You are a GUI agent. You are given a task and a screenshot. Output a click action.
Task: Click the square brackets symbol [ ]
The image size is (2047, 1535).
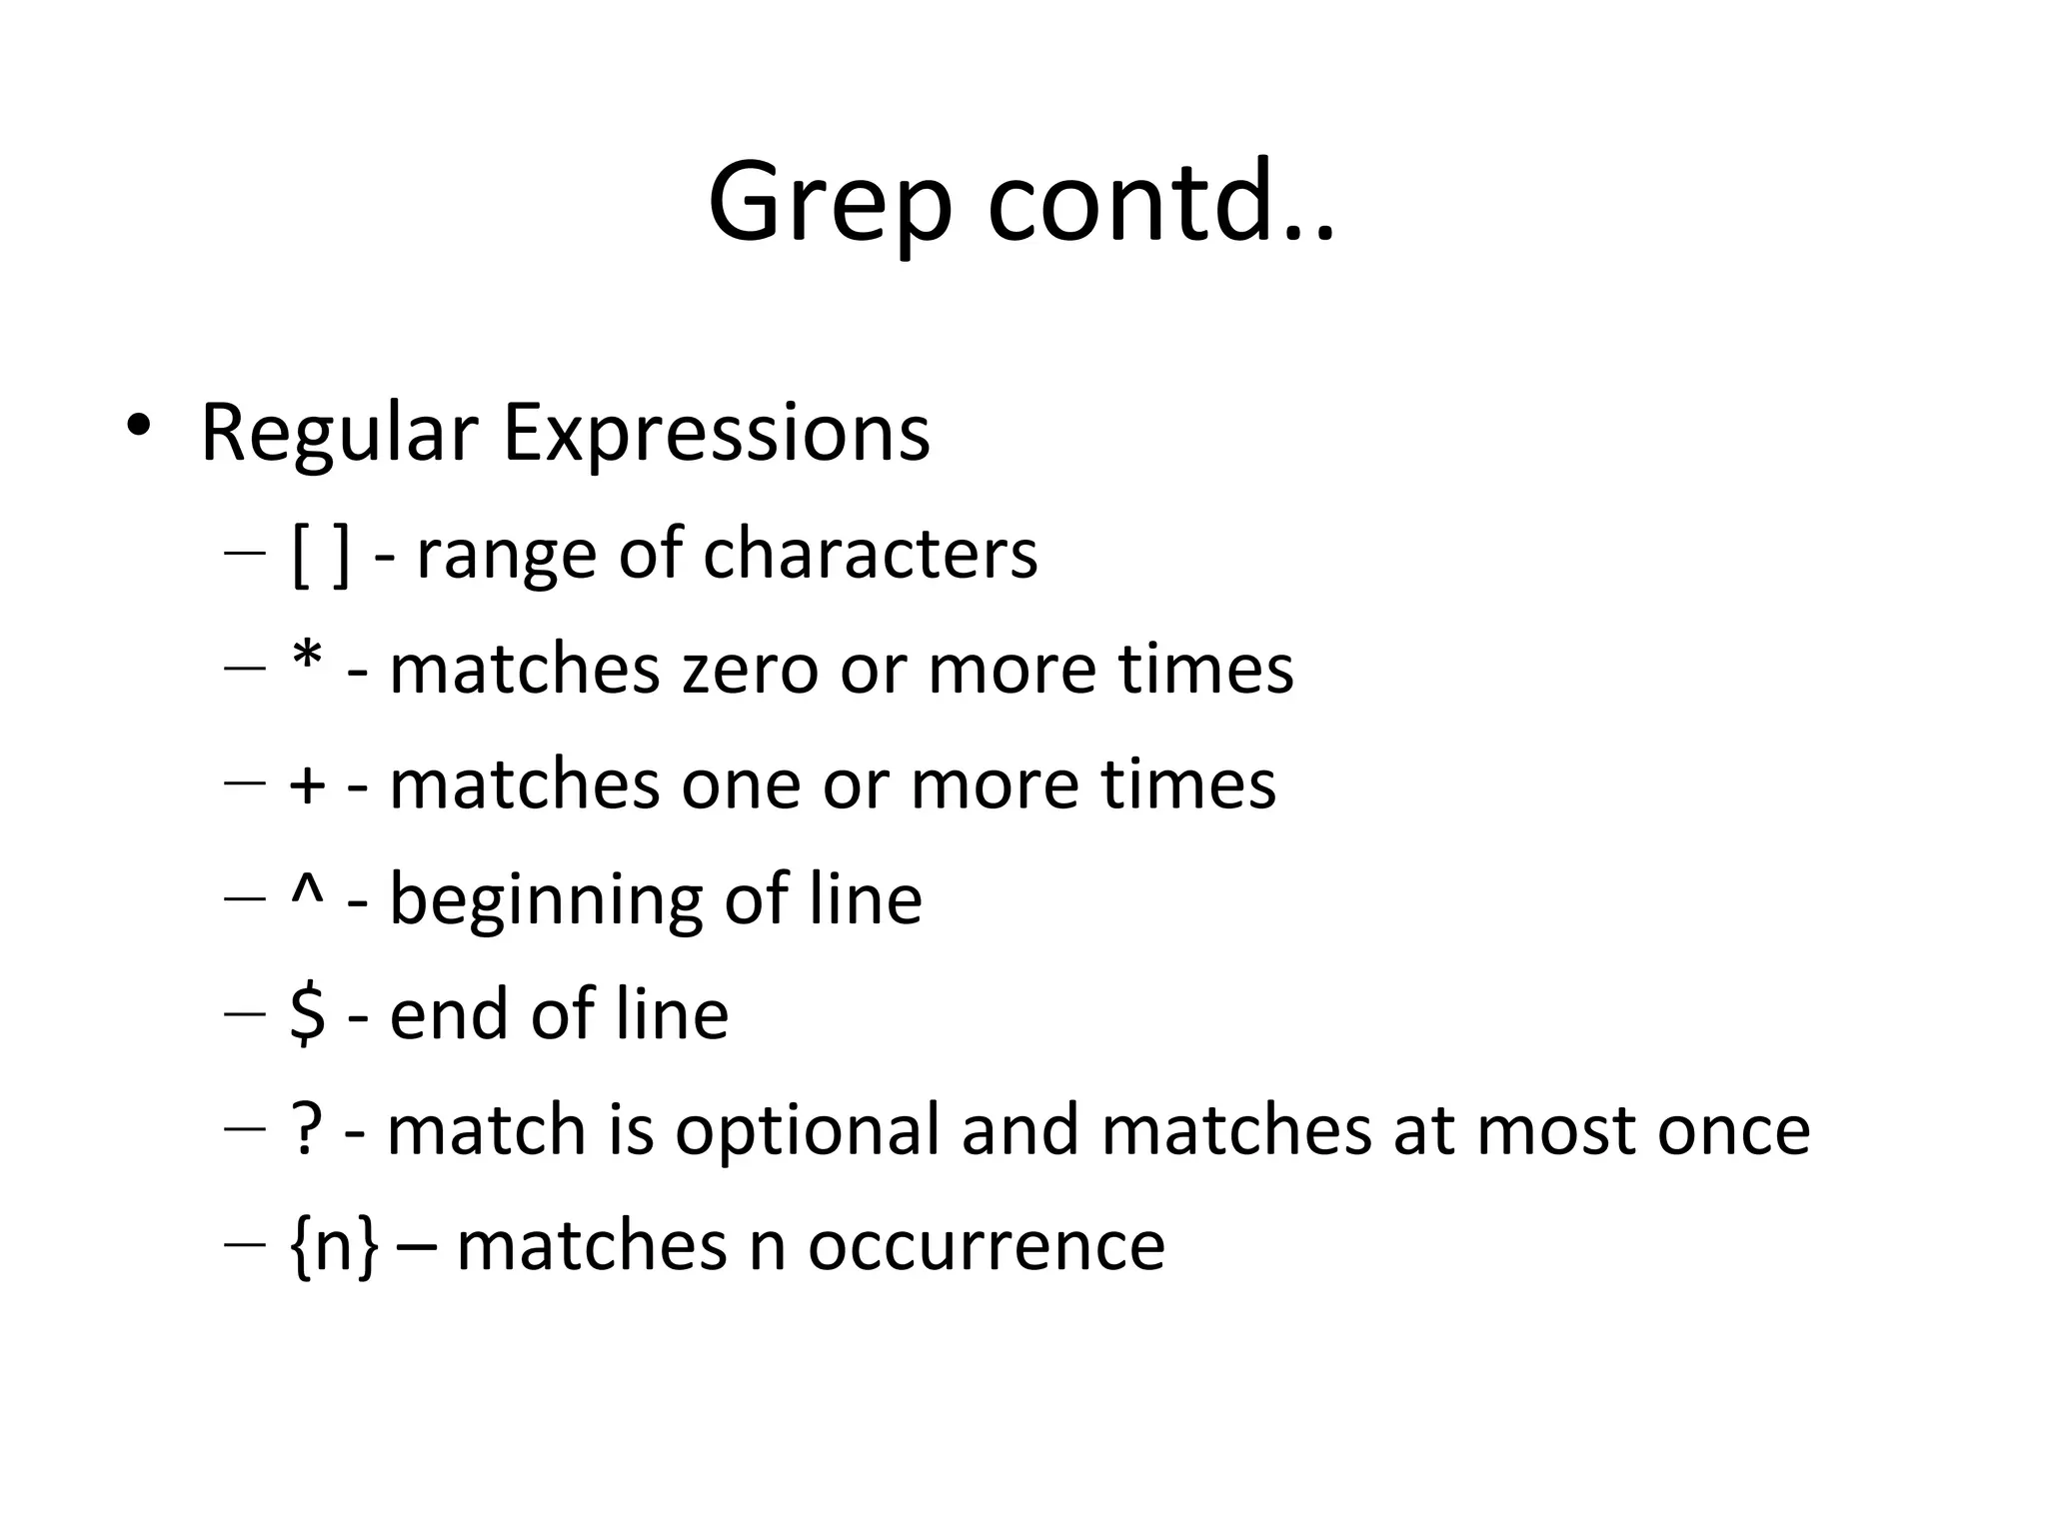[x=321, y=555]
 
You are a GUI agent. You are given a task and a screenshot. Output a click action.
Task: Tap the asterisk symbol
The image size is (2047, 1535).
[x=308, y=660]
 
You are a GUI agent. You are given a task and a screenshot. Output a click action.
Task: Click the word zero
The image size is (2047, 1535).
[x=750, y=670]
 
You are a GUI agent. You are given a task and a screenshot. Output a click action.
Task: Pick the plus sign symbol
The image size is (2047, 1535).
[x=307, y=785]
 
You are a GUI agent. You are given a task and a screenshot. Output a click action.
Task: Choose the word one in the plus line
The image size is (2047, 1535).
[x=741, y=785]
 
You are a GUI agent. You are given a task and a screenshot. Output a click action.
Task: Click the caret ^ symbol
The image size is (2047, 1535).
[x=307, y=889]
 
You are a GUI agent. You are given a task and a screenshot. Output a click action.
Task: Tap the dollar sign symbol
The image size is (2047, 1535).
[x=307, y=1013]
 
